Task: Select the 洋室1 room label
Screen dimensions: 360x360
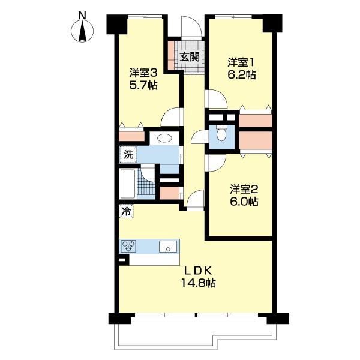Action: point(241,62)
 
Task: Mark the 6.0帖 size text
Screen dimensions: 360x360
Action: point(243,203)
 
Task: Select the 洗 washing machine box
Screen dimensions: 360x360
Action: point(127,155)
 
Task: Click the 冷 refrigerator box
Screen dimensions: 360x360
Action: point(126,211)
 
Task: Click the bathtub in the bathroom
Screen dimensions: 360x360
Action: point(128,184)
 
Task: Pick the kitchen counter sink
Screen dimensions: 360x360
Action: point(167,246)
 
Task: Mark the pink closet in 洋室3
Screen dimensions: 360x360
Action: point(132,136)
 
